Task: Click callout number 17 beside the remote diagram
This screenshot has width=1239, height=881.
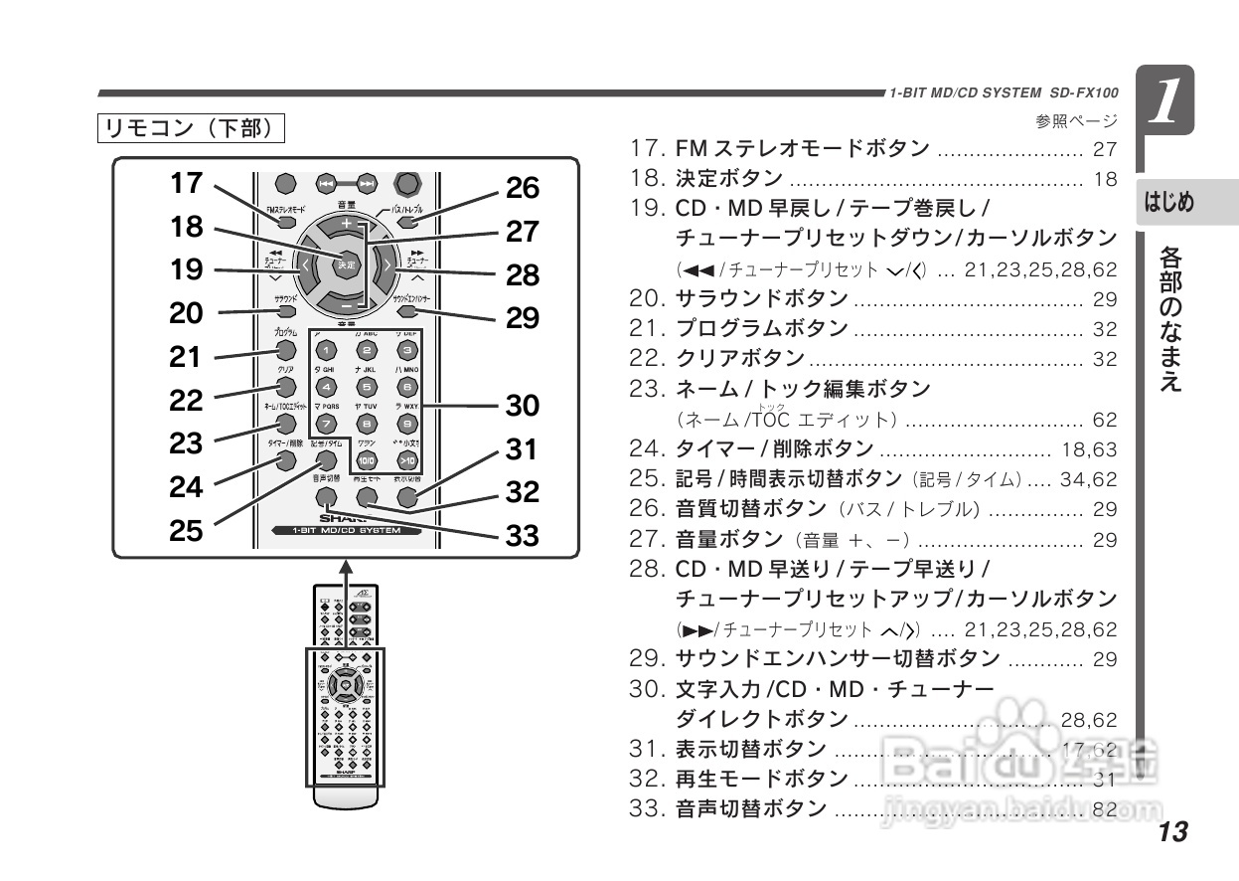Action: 186,183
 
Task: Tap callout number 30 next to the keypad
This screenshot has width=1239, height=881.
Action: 523,405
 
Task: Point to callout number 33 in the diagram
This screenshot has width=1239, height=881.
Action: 523,536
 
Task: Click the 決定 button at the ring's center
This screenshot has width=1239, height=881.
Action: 345,265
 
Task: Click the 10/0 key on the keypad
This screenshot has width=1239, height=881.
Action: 366,460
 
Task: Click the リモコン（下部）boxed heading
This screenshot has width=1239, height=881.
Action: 191,129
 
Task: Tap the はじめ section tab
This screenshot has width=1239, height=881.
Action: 1169,203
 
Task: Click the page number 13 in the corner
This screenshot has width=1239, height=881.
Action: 1171,832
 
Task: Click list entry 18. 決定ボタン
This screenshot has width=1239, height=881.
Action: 707,180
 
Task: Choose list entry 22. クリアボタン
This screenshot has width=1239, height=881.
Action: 717,358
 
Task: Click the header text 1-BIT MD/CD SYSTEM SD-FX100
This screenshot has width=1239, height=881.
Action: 1004,93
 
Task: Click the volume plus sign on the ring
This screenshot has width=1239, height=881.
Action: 346,225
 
